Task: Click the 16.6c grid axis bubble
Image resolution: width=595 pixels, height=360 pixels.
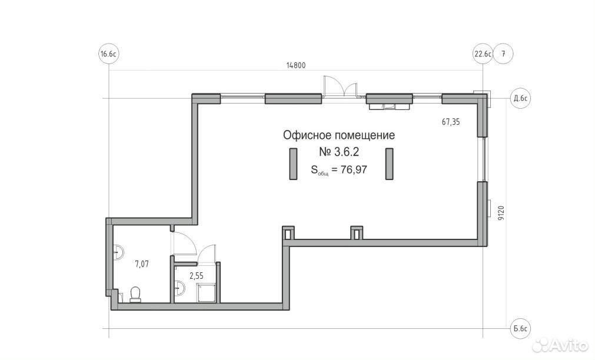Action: click(108, 54)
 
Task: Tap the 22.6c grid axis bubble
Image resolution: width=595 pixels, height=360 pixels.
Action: click(483, 54)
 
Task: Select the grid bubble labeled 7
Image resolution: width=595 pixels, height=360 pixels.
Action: click(504, 54)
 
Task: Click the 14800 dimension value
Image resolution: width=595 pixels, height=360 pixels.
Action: click(295, 65)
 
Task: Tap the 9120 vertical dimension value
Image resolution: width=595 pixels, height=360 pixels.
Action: click(501, 213)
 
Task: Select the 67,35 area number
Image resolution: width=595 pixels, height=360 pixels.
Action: click(451, 122)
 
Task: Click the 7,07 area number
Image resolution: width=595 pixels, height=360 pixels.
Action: click(142, 264)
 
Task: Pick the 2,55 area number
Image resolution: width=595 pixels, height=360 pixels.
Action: click(197, 276)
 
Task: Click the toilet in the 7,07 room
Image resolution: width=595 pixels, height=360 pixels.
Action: click(135, 294)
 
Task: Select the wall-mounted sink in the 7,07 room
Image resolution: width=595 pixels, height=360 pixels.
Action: click(118, 252)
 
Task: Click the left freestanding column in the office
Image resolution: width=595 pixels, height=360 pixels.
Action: click(293, 164)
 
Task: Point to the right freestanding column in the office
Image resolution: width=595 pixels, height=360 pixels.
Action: click(390, 164)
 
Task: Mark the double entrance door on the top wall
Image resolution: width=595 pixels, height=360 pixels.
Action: click(340, 87)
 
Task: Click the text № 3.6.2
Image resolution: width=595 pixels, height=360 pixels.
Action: click(339, 152)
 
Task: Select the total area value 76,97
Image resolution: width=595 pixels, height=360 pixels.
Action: click(354, 169)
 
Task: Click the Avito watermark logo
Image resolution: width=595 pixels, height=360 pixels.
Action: click(560, 345)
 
